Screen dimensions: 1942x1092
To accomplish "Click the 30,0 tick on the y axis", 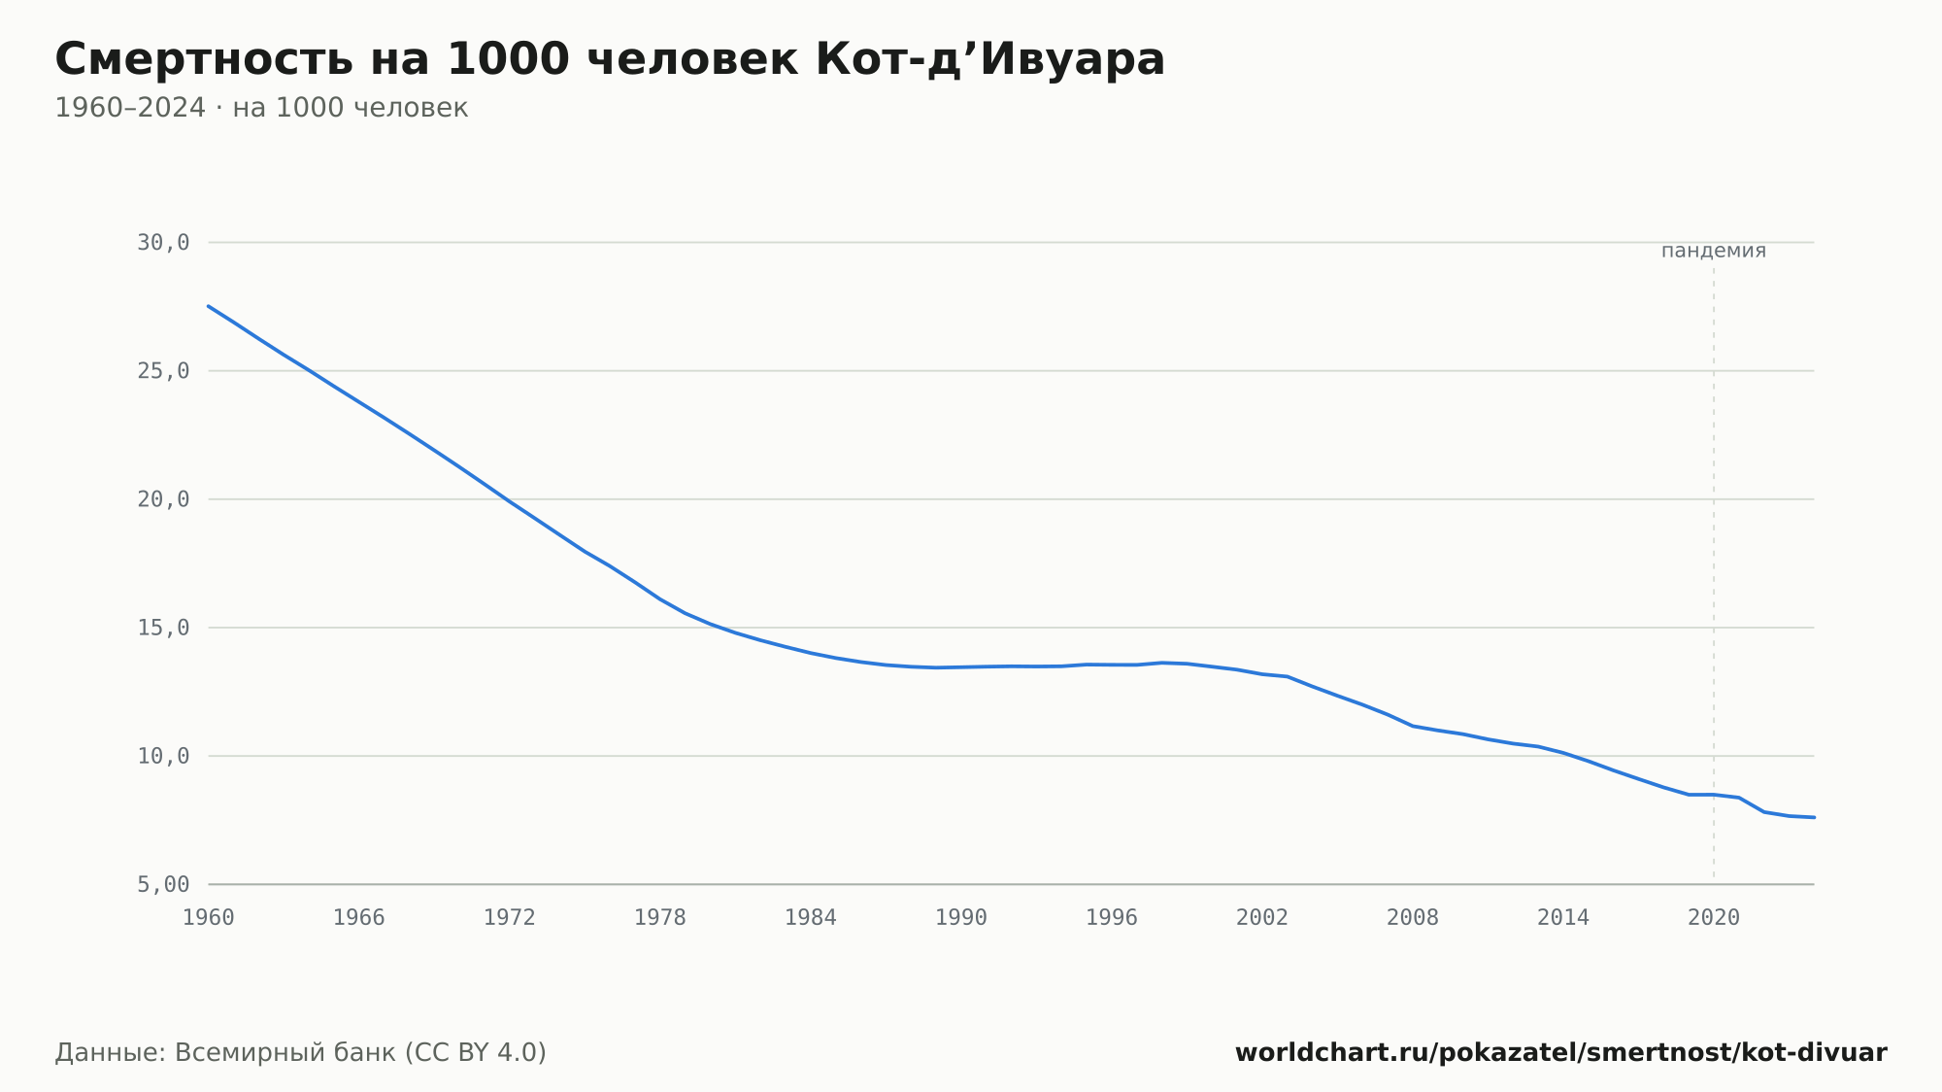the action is (163, 243).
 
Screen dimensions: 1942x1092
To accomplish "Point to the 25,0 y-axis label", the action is (163, 371).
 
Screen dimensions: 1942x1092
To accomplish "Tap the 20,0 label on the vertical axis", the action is (163, 499).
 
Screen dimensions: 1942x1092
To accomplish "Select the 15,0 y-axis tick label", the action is (163, 628).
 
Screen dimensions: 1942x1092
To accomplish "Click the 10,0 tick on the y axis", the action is (163, 756).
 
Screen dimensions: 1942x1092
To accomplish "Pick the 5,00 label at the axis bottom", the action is (163, 884).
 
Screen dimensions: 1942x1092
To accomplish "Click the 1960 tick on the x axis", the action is (209, 918).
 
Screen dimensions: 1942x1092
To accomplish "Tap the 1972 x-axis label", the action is (510, 918).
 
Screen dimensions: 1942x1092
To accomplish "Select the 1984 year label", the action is (811, 918).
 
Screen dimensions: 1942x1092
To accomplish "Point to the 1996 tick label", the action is (1112, 918).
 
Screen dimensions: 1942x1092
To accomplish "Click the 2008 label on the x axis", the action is (1413, 918).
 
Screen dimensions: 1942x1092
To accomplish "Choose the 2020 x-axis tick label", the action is (1714, 918).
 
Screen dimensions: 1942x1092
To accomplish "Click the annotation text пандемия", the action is (1714, 251).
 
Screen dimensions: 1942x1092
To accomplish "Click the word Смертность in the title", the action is (204, 59).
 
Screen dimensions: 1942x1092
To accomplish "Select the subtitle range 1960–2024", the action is (130, 108).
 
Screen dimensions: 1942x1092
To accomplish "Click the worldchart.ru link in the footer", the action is (1560, 1053).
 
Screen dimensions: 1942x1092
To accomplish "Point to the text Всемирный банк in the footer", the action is (285, 1053).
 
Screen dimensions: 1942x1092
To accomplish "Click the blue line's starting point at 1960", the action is (209, 306).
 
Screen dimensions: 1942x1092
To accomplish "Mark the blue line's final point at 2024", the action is (1814, 817).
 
